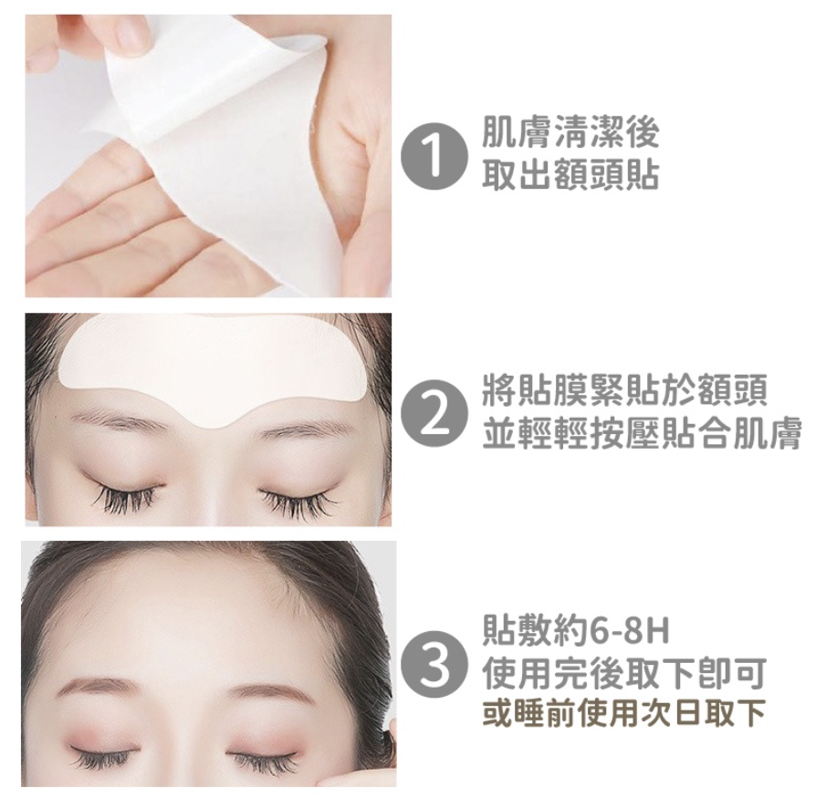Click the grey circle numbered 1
tap(434, 156)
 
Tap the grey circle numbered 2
tap(434, 412)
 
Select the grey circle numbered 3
tap(434, 665)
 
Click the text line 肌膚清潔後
tap(570, 136)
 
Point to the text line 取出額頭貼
tap(570, 176)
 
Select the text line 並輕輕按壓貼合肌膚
tap(642, 434)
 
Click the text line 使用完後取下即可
tap(623, 674)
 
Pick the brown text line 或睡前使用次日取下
tap(623, 714)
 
